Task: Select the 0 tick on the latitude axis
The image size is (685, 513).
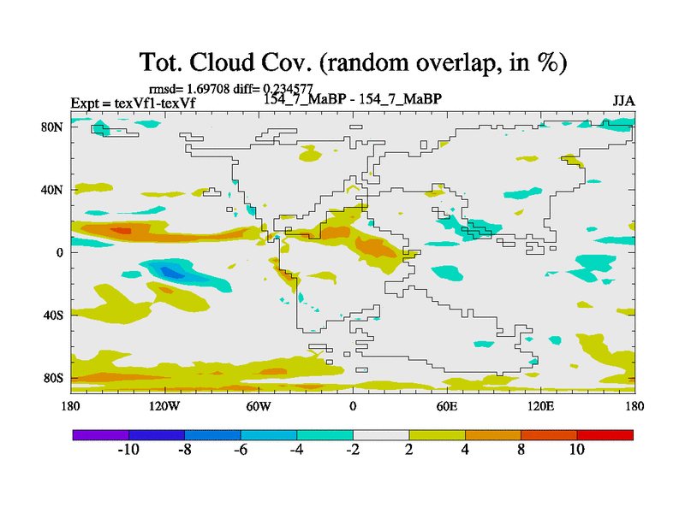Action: click(x=61, y=252)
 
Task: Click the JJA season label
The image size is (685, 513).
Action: click(x=623, y=100)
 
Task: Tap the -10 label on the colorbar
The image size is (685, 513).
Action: click(x=128, y=450)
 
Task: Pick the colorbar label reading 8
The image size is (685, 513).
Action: click(x=521, y=450)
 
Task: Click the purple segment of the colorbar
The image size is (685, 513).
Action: click(x=100, y=434)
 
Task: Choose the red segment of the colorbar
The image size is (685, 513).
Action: click(x=605, y=434)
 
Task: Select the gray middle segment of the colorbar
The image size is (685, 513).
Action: click(x=381, y=434)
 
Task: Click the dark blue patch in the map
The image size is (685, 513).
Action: click(x=172, y=273)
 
